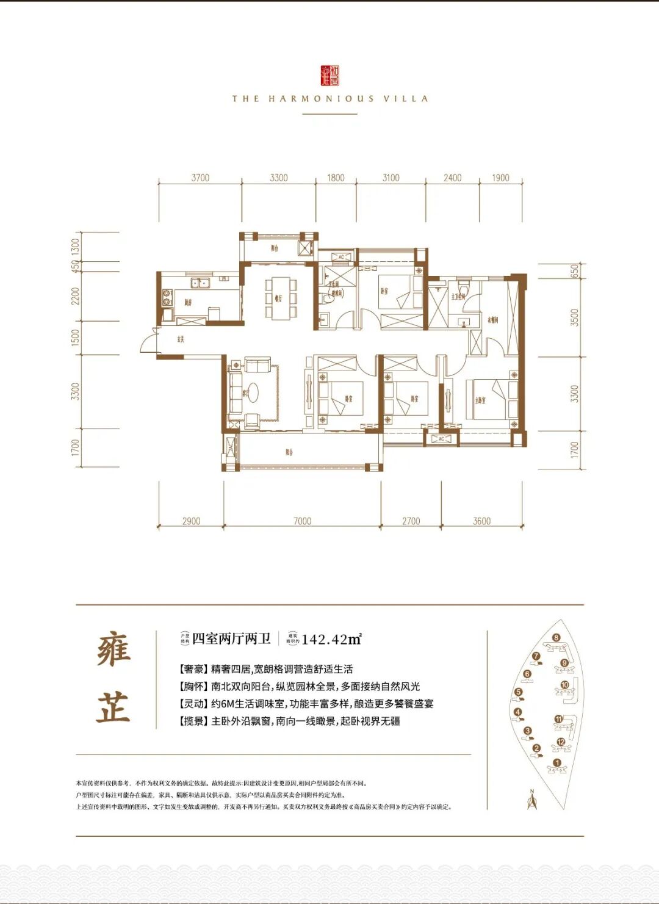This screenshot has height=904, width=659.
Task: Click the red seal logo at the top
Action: pyautogui.click(x=329, y=75)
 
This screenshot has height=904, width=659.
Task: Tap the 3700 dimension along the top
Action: pyautogui.click(x=200, y=178)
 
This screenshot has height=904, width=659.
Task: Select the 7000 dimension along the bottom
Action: pyautogui.click(x=302, y=521)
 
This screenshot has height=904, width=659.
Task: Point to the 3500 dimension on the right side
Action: pyautogui.click(x=574, y=317)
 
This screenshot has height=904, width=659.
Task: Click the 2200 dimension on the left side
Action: pyautogui.click(x=76, y=297)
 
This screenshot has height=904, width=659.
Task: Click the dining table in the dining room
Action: pyautogui.click(x=281, y=297)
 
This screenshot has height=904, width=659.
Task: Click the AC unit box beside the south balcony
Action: pyautogui.click(x=230, y=449)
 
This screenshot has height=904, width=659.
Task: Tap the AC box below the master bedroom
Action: pyautogui.click(x=441, y=438)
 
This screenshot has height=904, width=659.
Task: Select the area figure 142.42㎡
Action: pyautogui.click(x=331, y=639)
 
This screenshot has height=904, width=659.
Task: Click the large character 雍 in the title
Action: pyautogui.click(x=113, y=649)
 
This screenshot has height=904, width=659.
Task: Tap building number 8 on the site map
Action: pyautogui.click(x=556, y=638)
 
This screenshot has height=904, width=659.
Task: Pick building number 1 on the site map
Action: pyautogui.click(x=556, y=763)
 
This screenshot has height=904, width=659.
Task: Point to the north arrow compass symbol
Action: pyautogui.click(x=531, y=799)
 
